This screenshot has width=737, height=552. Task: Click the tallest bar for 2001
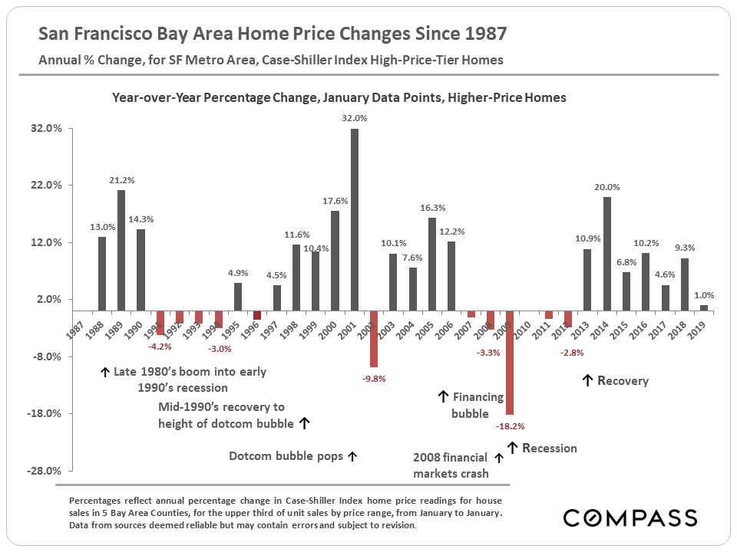(355, 219)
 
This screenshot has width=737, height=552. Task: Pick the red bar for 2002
(374, 339)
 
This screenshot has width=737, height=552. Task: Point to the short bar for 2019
(704, 307)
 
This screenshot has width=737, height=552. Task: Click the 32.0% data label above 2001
(355, 119)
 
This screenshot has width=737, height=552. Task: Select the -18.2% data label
(511, 426)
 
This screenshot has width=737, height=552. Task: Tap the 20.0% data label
(606, 187)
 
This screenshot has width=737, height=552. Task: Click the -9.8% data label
(374, 378)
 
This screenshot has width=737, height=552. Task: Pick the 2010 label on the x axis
(521, 325)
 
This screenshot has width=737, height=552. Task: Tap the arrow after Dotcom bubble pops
(352, 456)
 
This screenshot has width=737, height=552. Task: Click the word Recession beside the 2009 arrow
(549, 448)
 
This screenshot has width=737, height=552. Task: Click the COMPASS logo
(630, 517)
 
